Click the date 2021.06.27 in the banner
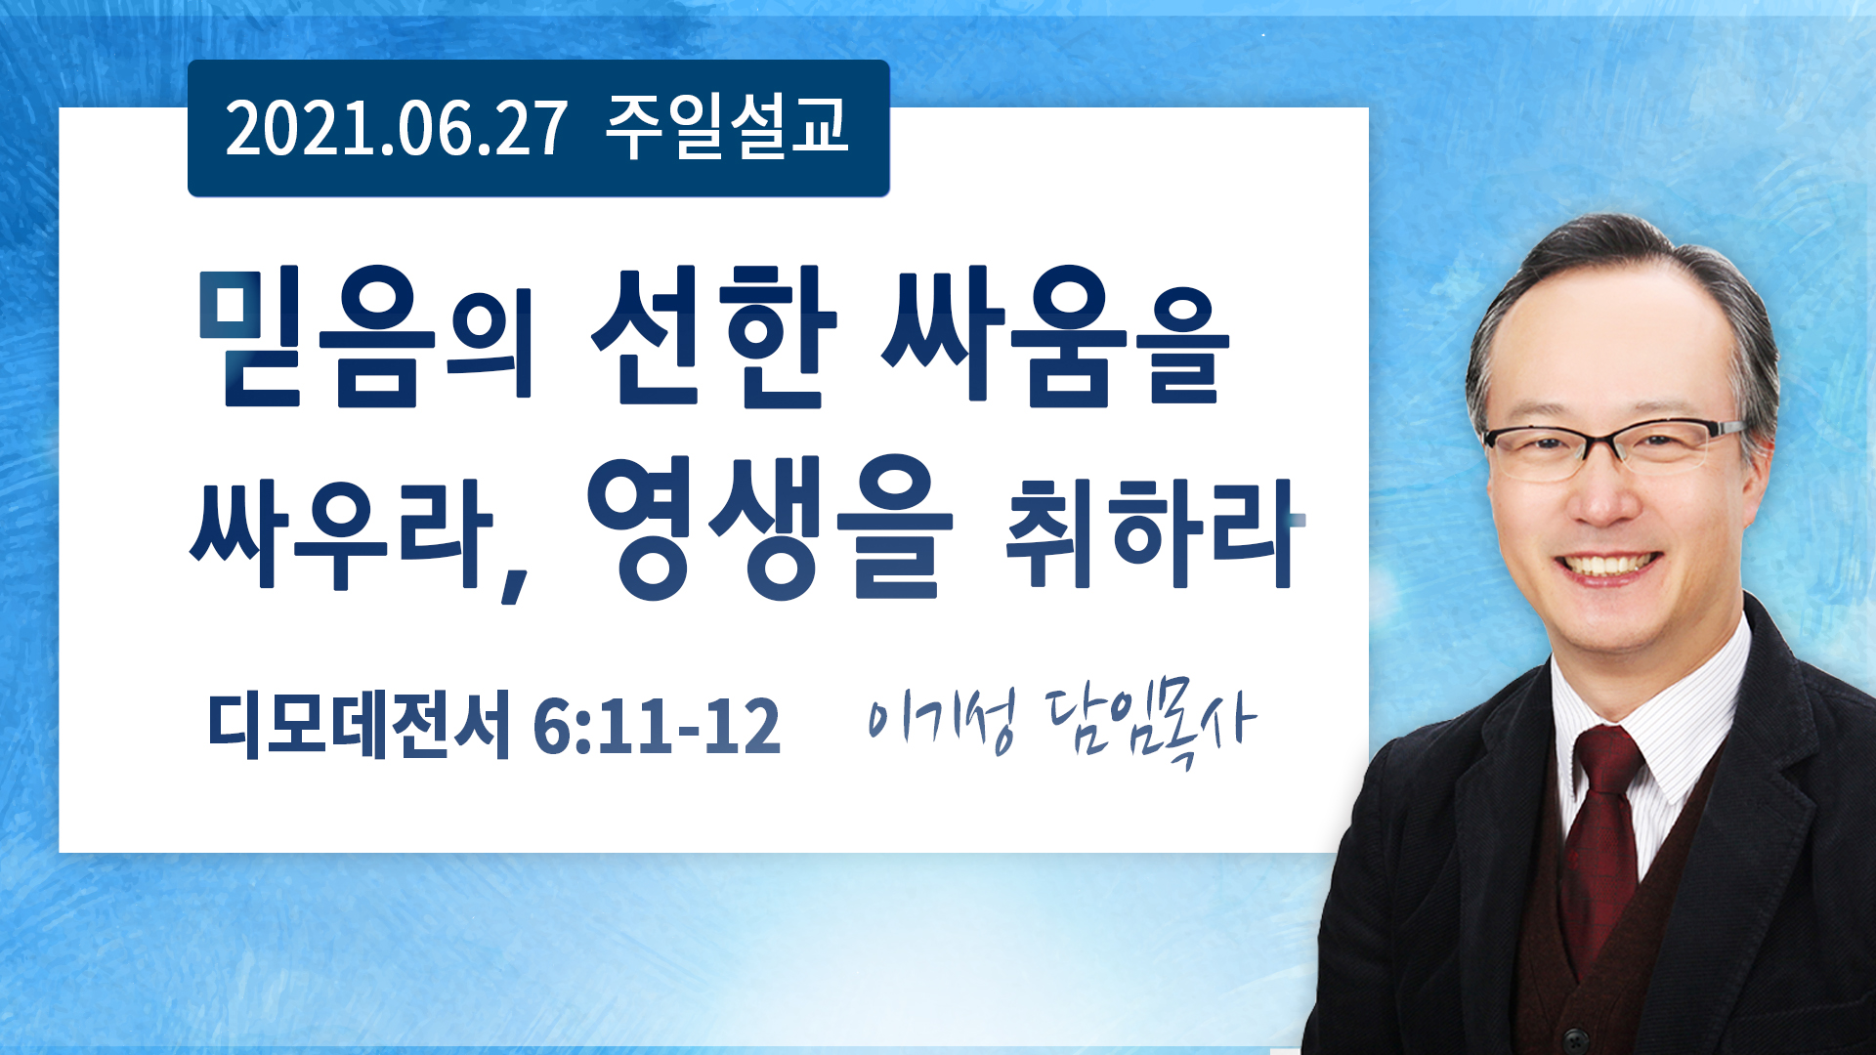[396, 129]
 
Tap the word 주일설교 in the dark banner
[727, 127]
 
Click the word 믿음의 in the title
[366, 336]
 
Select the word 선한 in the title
[714, 336]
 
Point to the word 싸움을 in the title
[1054, 336]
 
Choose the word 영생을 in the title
[769, 528]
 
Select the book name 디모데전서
[359, 725]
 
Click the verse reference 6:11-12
[657, 727]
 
